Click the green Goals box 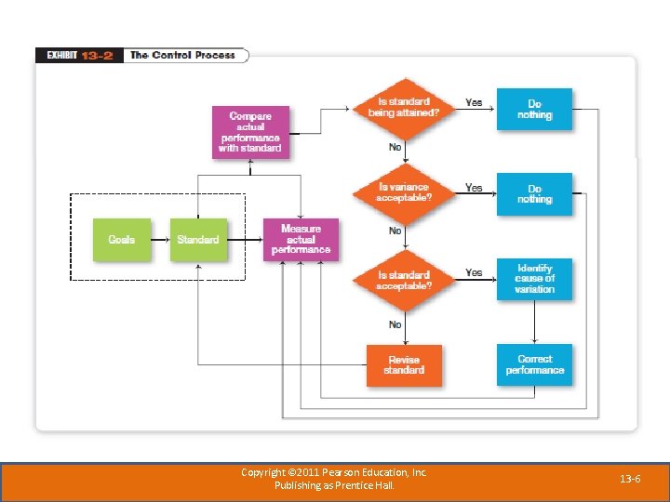click(121, 240)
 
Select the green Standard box click(198, 240)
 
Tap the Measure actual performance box click(301, 240)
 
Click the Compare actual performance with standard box click(250, 132)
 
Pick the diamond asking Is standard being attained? click(404, 107)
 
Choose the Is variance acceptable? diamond click(404, 192)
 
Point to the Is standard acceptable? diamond click(404, 280)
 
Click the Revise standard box click(404, 364)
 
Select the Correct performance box click(534, 364)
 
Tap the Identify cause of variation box click(534, 279)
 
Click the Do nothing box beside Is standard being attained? click(534, 110)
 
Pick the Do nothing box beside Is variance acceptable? click(534, 193)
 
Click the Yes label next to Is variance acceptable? click(474, 188)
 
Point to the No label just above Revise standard click(395, 324)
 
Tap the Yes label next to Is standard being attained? click(474, 102)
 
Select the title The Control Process click(183, 56)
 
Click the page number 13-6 click(630, 479)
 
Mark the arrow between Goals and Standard click(160, 240)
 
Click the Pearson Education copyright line click(334, 472)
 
